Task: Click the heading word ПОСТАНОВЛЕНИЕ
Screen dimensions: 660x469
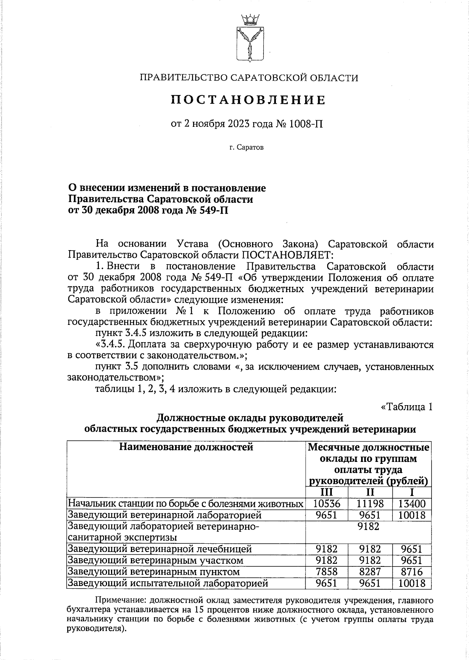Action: point(249,100)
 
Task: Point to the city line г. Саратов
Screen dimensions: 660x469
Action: point(247,148)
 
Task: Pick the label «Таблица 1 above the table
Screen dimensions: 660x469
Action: point(407,407)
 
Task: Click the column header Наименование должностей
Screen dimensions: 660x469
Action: point(186,447)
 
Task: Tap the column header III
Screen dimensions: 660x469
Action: point(327,492)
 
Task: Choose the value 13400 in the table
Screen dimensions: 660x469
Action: point(412,503)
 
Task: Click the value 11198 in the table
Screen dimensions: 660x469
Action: point(370,503)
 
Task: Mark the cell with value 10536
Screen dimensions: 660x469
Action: point(327,503)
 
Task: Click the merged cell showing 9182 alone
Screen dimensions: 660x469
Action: point(369,527)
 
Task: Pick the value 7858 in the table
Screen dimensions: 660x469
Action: point(327,572)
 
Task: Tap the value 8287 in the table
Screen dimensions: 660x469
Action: point(370,572)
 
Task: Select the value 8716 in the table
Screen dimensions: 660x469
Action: point(412,572)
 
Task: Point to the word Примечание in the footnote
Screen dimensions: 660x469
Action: point(121,600)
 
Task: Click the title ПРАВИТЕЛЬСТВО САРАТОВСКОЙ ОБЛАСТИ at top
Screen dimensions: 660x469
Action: point(249,78)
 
